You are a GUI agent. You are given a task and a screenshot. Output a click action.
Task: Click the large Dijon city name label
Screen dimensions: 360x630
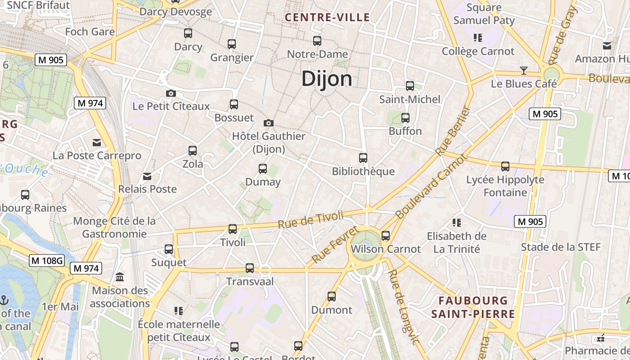tap(327, 79)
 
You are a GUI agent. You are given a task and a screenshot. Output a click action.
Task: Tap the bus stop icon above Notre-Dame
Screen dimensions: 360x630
tap(317, 41)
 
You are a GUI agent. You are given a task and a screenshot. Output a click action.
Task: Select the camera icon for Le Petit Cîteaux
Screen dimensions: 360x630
tap(171, 93)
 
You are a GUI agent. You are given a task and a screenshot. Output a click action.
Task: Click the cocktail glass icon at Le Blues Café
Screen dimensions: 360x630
tap(523, 70)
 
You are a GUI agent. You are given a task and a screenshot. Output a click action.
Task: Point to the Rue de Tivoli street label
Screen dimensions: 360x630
tap(310, 220)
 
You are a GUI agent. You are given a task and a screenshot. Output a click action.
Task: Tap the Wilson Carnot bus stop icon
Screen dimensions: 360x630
tap(386, 235)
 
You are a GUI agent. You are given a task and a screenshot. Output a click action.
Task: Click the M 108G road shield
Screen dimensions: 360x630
tap(47, 260)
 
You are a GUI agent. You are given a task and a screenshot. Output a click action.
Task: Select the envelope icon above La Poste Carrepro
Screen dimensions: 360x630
tap(97, 143)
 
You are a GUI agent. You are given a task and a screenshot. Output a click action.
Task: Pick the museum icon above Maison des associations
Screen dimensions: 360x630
tap(120, 277)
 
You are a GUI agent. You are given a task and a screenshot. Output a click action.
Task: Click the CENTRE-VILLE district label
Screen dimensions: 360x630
tap(328, 18)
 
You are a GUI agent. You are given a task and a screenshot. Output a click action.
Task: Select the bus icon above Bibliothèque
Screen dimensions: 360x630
tap(363, 158)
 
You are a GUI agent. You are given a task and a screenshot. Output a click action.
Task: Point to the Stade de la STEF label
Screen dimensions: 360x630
tap(561, 247)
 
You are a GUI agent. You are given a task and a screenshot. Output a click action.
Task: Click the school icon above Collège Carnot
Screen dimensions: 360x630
tap(477, 38)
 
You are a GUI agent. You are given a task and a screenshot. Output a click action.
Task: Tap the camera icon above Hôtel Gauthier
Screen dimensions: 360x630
tap(269, 123)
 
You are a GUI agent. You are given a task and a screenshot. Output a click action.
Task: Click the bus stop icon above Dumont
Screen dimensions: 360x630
tap(332, 297)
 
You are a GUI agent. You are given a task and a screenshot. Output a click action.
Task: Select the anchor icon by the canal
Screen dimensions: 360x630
tap(4, 299)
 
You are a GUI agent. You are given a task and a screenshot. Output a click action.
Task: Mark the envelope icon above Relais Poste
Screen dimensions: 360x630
tap(147, 176)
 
